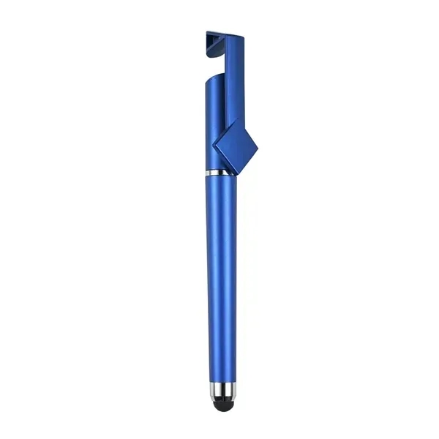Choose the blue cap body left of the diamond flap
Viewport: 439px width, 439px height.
pyautogui.click(x=212, y=124)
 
